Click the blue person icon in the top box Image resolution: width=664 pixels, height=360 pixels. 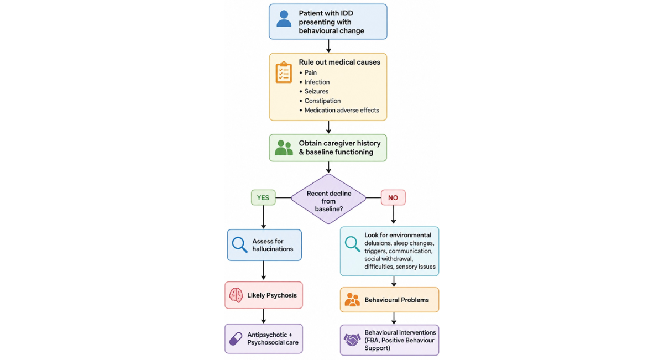tap(284, 19)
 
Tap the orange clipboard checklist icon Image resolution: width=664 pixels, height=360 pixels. tap(284, 72)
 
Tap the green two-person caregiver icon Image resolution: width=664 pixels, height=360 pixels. tap(284, 148)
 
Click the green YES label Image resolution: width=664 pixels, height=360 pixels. tap(263, 197)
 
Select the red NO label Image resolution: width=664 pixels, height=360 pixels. tap(393, 197)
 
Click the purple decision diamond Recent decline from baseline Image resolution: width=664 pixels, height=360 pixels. tap(328, 199)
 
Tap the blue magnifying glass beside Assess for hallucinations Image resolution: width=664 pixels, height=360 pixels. tap(239, 244)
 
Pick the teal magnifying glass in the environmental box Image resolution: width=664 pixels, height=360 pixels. tap(352, 244)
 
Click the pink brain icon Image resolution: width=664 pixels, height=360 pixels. tap(236, 295)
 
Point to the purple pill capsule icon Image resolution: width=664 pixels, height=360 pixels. tap(236, 338)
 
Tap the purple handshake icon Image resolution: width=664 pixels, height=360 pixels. tap(352, 340)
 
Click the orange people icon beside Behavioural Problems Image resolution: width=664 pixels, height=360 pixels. tap(352, 300)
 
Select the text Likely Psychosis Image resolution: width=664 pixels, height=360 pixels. tap(272, 295)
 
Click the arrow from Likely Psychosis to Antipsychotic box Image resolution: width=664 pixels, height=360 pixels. tap(264, 316)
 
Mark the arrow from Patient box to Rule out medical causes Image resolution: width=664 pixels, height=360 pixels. tap(328, 46)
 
